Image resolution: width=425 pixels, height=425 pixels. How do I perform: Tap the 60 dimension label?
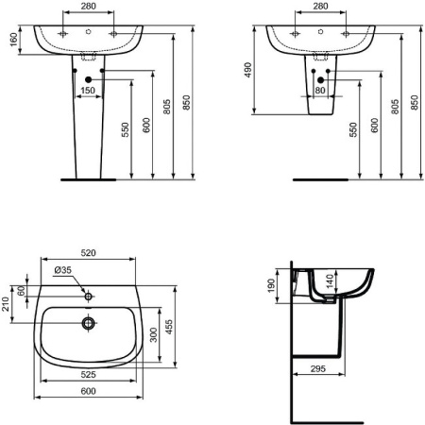point(21,289)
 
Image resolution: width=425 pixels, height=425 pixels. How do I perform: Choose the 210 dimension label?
point(8,304)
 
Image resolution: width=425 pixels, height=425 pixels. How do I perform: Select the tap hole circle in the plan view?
point(89,297)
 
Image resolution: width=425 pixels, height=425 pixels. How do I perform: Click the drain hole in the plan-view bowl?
point(89,323)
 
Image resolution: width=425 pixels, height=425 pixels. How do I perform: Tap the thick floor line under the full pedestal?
point(87,178)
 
